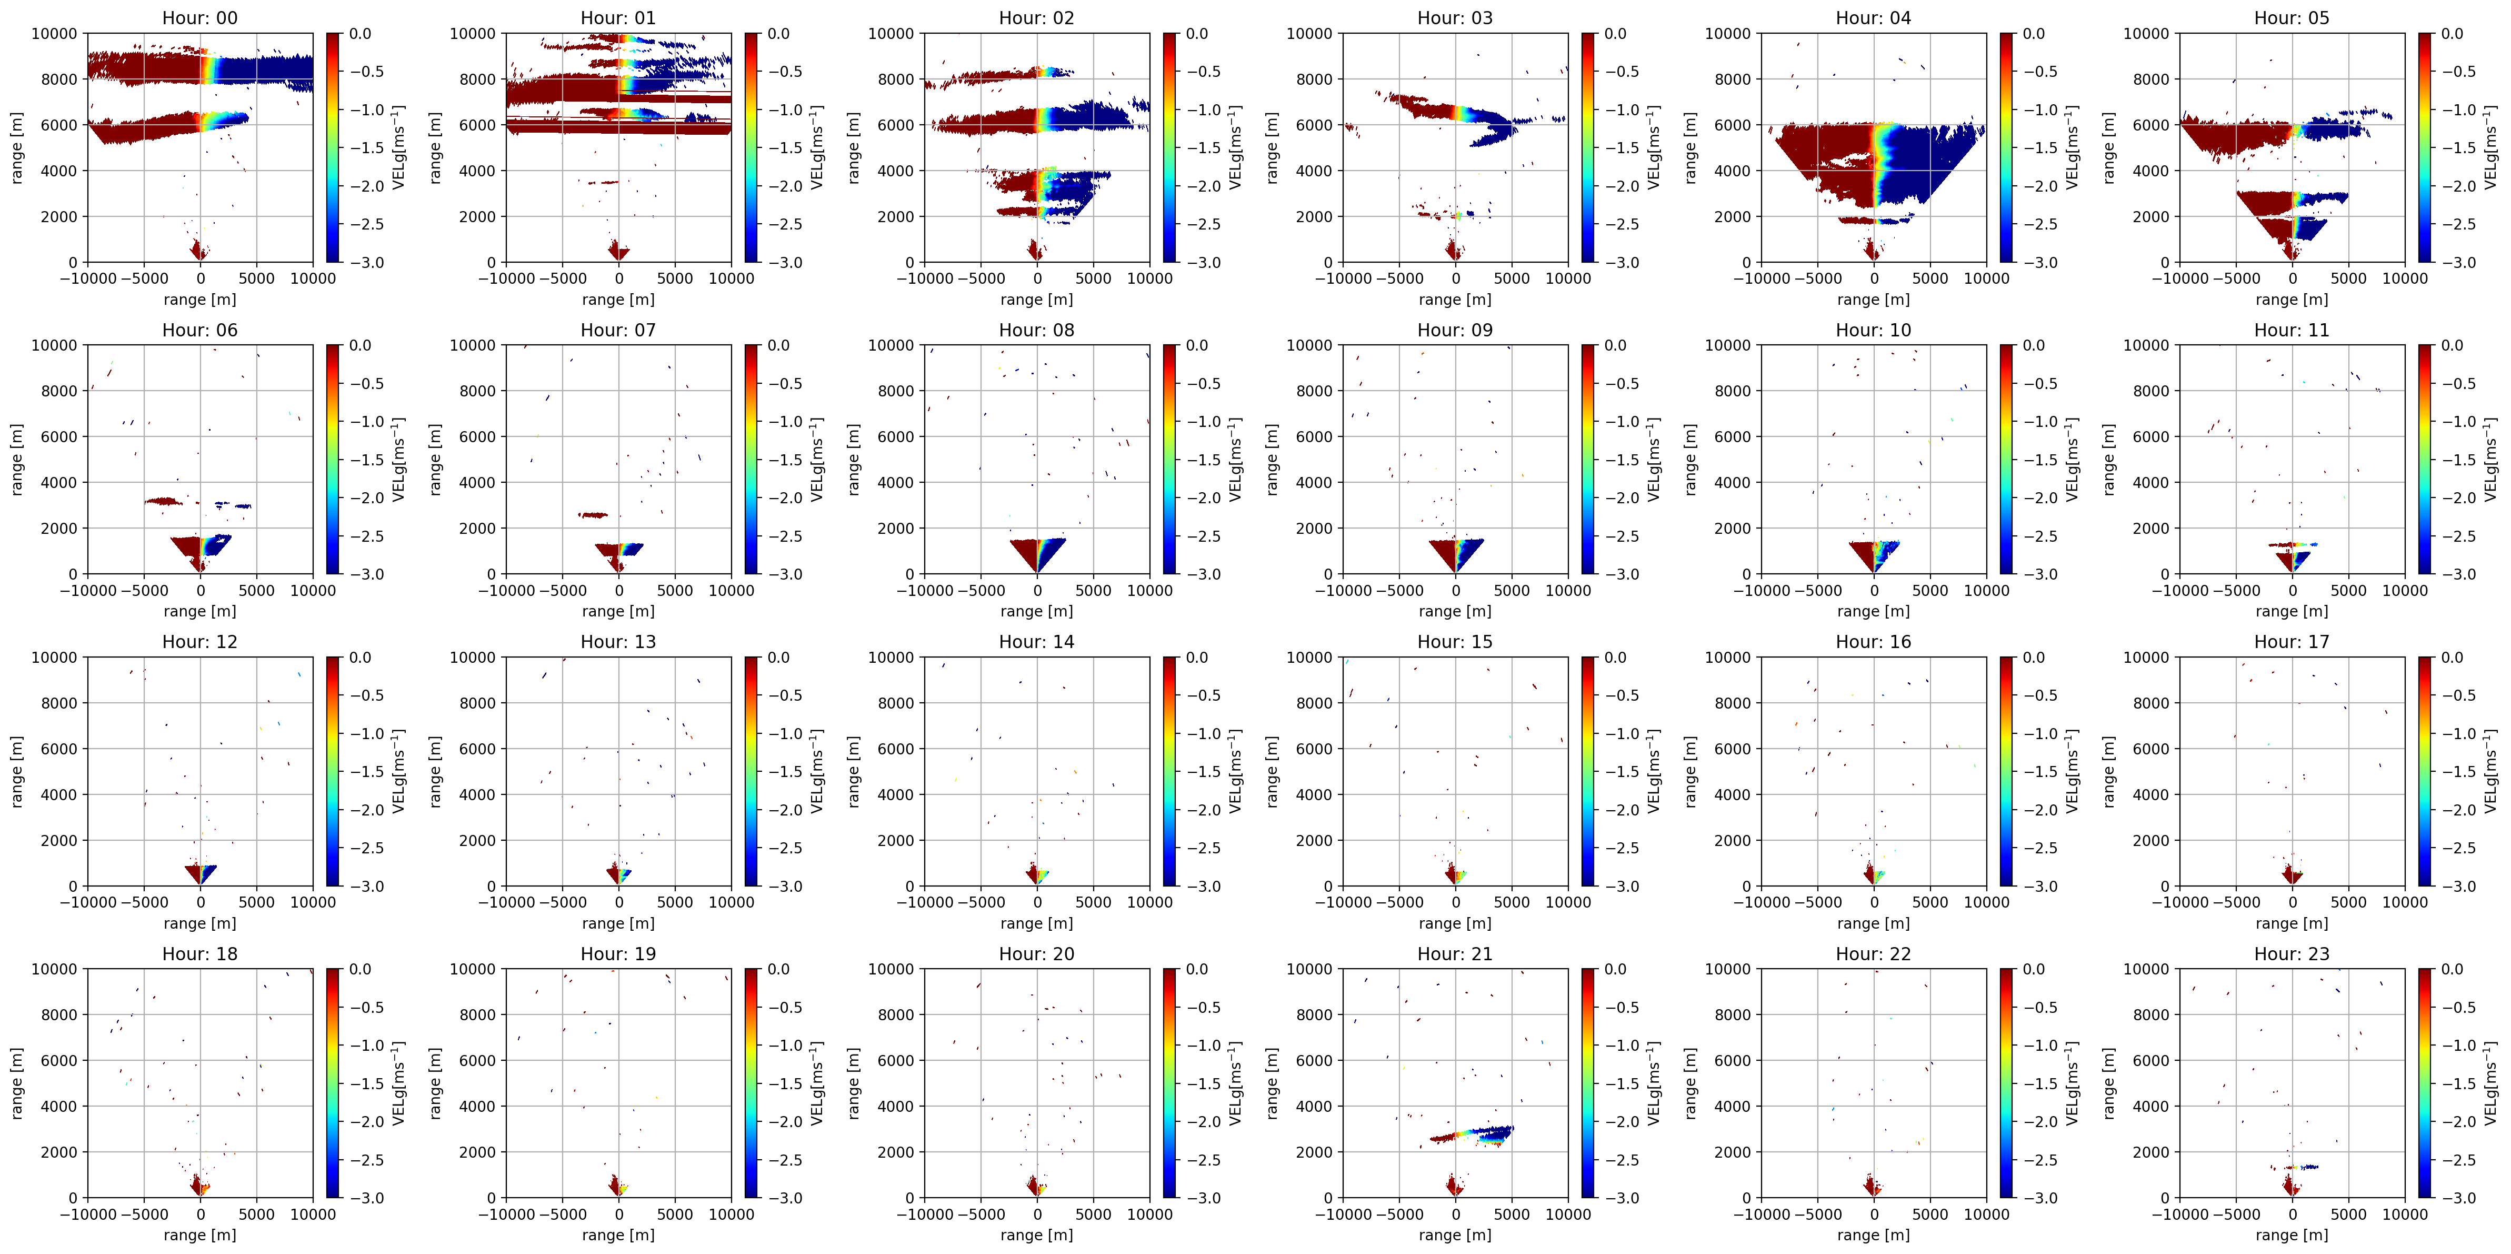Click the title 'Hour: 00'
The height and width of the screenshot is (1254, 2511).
200,17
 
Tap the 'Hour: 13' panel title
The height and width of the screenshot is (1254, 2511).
618,642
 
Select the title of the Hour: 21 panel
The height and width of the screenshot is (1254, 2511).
1454,954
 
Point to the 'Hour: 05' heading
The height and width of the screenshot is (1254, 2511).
2292,17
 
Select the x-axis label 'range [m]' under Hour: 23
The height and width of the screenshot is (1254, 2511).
2292,1235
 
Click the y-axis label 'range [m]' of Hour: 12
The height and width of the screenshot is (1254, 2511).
16,771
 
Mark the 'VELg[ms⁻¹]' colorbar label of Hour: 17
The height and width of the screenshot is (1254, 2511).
2490,771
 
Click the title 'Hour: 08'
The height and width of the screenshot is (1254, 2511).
1036,330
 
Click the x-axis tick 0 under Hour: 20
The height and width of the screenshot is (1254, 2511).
1037,1214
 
